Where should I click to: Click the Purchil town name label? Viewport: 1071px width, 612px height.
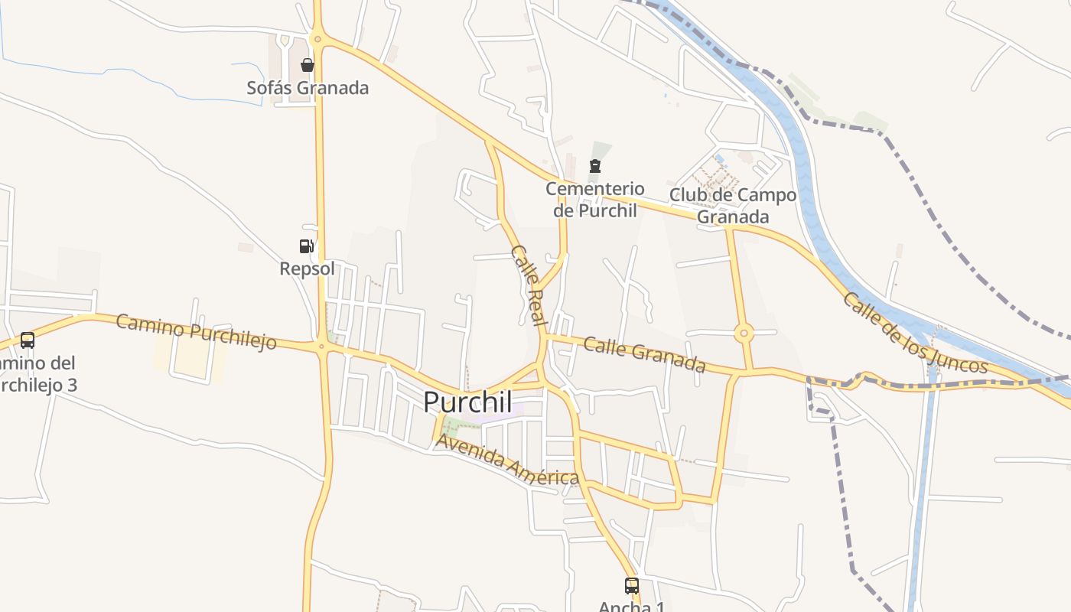[467, 402]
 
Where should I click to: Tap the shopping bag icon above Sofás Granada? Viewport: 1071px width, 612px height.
[307, 65]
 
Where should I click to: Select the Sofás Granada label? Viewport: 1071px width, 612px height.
[308, 88]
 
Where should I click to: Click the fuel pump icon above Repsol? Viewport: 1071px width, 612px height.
[306, 246]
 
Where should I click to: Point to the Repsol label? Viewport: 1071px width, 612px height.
[307, 269]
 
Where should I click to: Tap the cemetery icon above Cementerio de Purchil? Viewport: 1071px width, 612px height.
[594, 166]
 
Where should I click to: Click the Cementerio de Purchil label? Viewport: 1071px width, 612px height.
[594, 199]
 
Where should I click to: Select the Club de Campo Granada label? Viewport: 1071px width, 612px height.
[733, 206]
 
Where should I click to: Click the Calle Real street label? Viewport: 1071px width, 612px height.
[528, 285]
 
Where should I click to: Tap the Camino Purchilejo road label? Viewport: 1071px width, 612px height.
[196, 331]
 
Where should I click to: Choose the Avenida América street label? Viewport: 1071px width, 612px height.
[506, 461]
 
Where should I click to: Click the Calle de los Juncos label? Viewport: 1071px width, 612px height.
[915, 333]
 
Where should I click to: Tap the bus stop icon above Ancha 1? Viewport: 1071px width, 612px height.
[631, 586]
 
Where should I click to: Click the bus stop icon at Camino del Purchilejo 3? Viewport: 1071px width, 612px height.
[28, 340]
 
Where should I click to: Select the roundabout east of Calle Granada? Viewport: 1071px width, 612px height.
[744, 334]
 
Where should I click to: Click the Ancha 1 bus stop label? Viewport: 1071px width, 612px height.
[631, 607]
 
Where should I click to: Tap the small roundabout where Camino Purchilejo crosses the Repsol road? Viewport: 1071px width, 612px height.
[321, 346]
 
